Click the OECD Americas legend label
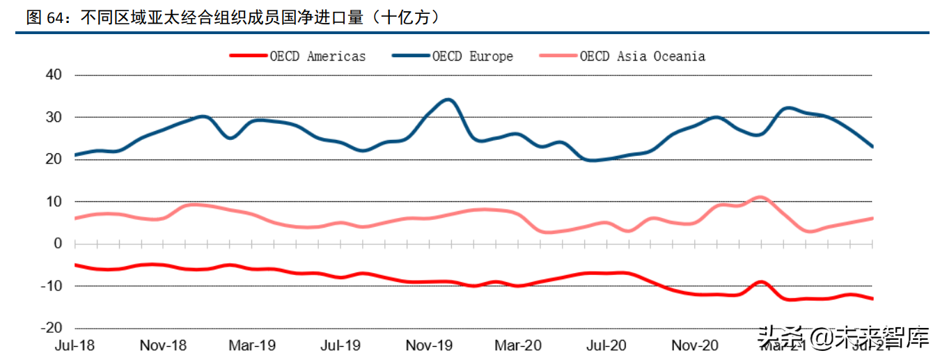coord(318,56)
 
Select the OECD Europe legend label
coord(472,56)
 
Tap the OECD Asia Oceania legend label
coord(642,56)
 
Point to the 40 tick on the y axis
coord(54,75)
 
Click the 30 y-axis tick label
coord(54,117)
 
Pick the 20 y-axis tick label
coord(54,159)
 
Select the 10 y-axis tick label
coord(54,202)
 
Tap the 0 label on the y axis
coord(58,244)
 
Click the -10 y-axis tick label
coord(52,286)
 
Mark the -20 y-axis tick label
coord(52,328)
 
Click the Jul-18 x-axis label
coord(75,345)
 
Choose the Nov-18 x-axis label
coord(163,345)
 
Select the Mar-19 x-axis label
coord(253,345)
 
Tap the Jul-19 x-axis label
coord(340,345)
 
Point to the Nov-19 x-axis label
coord(430,345)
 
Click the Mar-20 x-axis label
coord(519,345)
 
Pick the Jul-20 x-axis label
coord(607,345)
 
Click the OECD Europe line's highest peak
coord(449,100)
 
